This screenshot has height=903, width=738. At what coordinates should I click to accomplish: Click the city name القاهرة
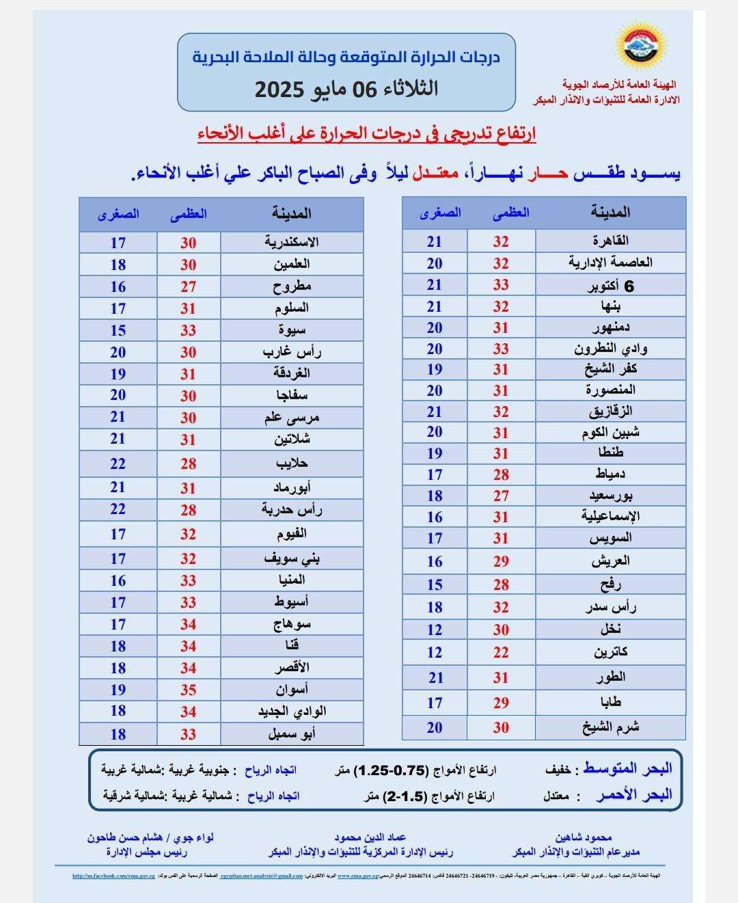610,241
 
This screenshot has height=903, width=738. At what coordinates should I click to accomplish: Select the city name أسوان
292,689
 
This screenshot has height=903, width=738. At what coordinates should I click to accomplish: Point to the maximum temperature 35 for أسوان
189,690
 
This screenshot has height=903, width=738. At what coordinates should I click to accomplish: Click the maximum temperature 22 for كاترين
501,652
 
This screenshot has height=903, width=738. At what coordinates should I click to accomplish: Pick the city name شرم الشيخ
610,727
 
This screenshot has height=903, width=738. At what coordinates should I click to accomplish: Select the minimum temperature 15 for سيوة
118,330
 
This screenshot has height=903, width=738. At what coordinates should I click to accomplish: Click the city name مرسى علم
292,417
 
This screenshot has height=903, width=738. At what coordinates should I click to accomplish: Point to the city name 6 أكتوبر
610,286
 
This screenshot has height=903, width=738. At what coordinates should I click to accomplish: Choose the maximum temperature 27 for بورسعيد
501,496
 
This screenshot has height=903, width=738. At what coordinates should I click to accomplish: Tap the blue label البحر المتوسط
627,768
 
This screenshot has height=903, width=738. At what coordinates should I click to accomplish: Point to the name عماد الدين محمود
370,837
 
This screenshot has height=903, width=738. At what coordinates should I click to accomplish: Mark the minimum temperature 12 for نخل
435,630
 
